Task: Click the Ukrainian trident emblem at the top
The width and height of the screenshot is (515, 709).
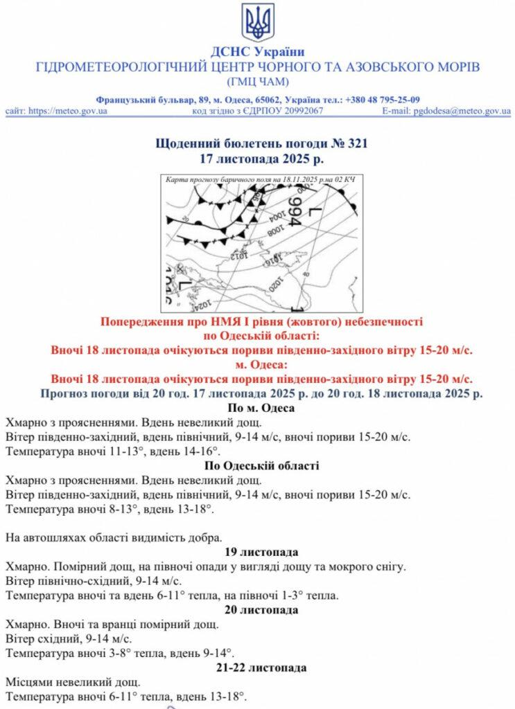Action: [x=258, y=22]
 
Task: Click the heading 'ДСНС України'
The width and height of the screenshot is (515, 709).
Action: [x=258, y=52]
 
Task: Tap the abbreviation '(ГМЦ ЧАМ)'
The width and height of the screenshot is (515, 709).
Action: [x=258, y=82]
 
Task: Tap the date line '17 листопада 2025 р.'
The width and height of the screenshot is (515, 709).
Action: [x=257, y=159]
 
